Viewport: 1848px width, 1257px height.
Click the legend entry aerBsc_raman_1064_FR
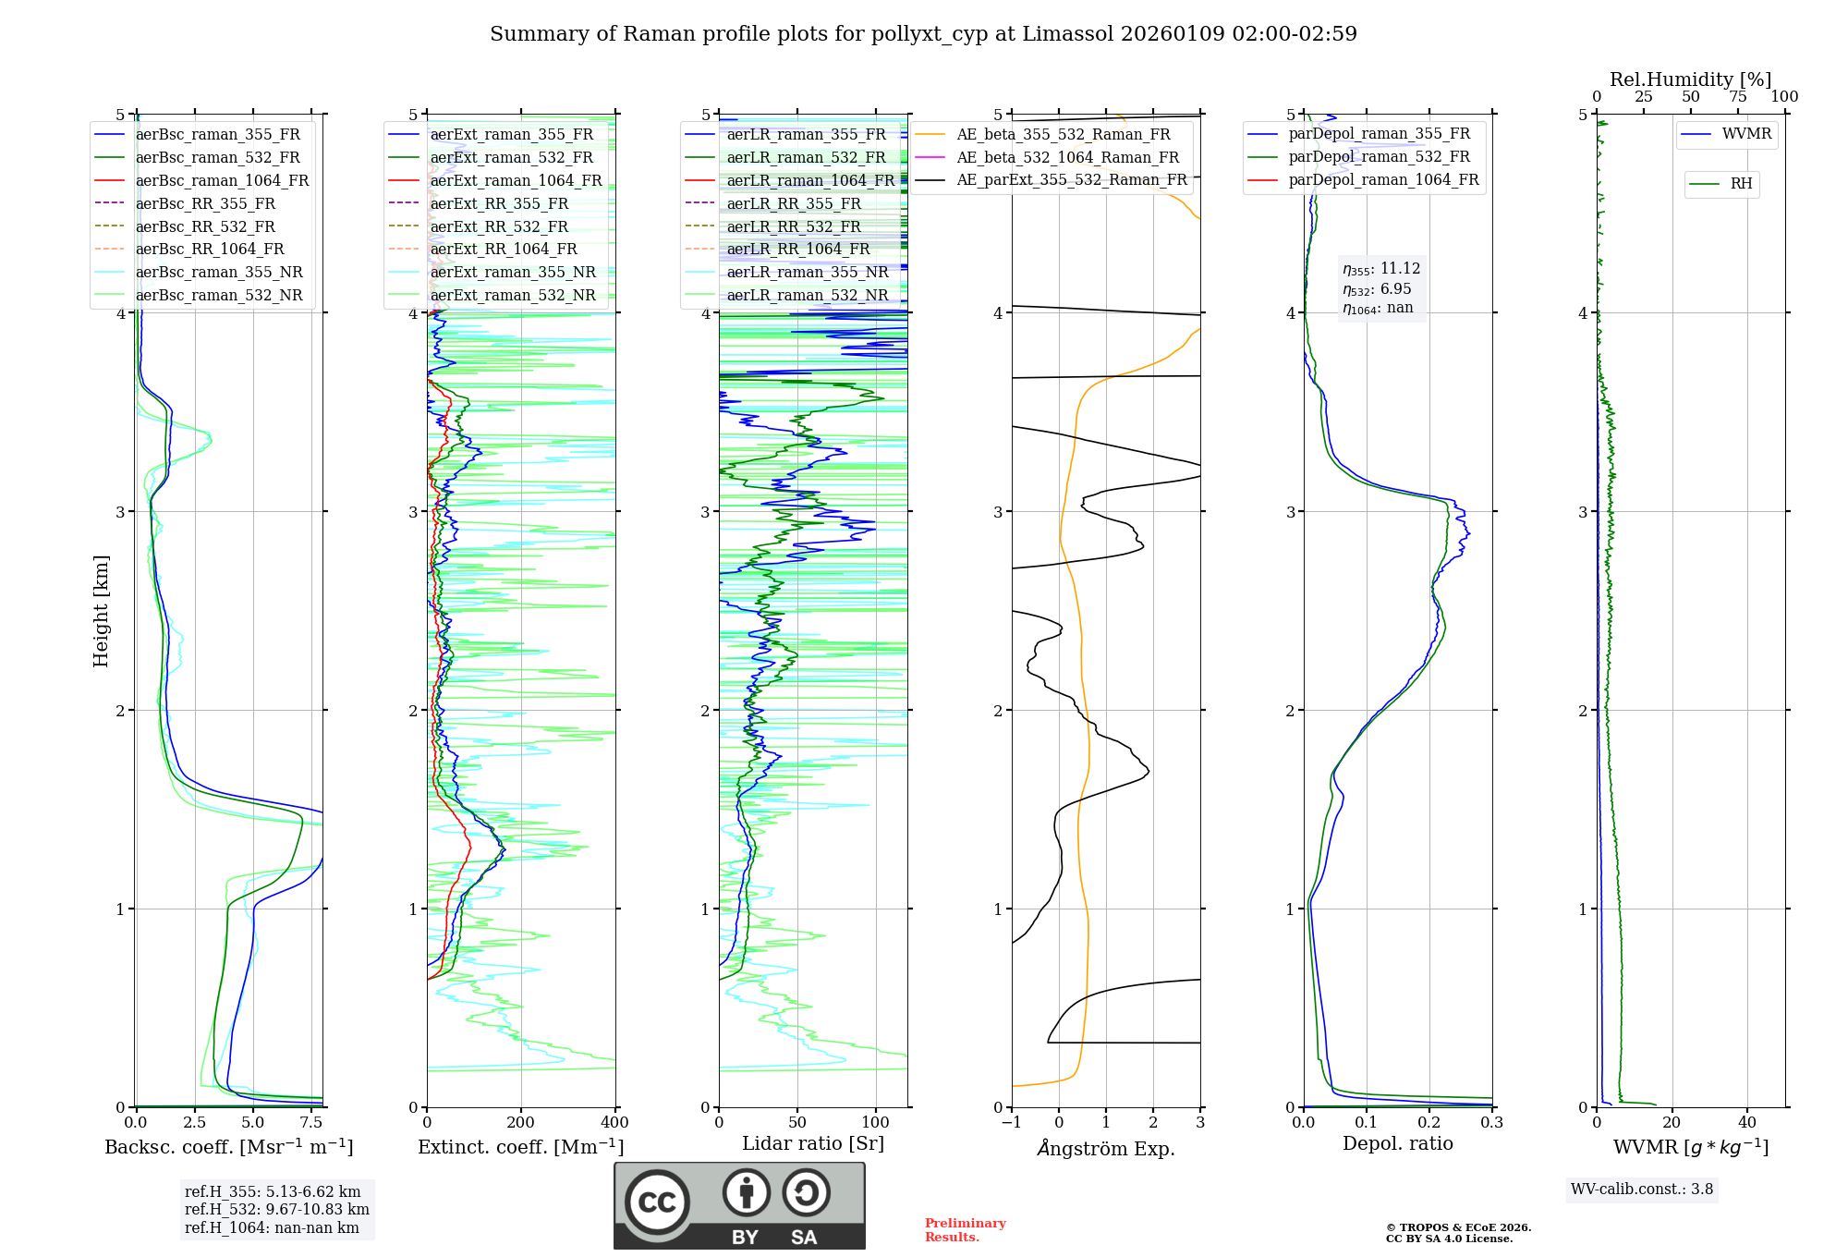pos(222,180)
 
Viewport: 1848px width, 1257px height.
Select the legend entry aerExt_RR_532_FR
pos(499,226)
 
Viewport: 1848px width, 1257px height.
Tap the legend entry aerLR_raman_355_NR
pos(807,272)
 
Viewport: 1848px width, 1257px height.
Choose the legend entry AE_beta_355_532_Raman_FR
pos(1063,134)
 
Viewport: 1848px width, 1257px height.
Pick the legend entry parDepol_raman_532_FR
pos(1379,157)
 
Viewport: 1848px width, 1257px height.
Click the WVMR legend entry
pos(1746,134)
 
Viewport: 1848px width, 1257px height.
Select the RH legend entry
pos(1741,184)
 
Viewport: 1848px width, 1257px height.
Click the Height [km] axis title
pos(101,610)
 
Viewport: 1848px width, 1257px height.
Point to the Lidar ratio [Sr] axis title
pos(812,1143)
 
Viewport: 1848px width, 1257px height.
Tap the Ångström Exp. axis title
pos(1105,1149)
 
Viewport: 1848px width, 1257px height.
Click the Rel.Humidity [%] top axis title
pos(1690,79)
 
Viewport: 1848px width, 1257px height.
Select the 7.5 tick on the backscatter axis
pos(311,1123)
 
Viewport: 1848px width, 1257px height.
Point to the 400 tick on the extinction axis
pos(614,1123)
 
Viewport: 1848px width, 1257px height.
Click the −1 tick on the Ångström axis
pos(1012,1123)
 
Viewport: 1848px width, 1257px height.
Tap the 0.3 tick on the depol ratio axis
pos(1491,1123)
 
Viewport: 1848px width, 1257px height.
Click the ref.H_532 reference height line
pos(276,1209)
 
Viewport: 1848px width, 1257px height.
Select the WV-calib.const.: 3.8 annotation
pos(1641,1190)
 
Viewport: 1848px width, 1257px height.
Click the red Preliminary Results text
pos(965,1230)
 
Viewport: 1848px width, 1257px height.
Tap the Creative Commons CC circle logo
pos(657,1202)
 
